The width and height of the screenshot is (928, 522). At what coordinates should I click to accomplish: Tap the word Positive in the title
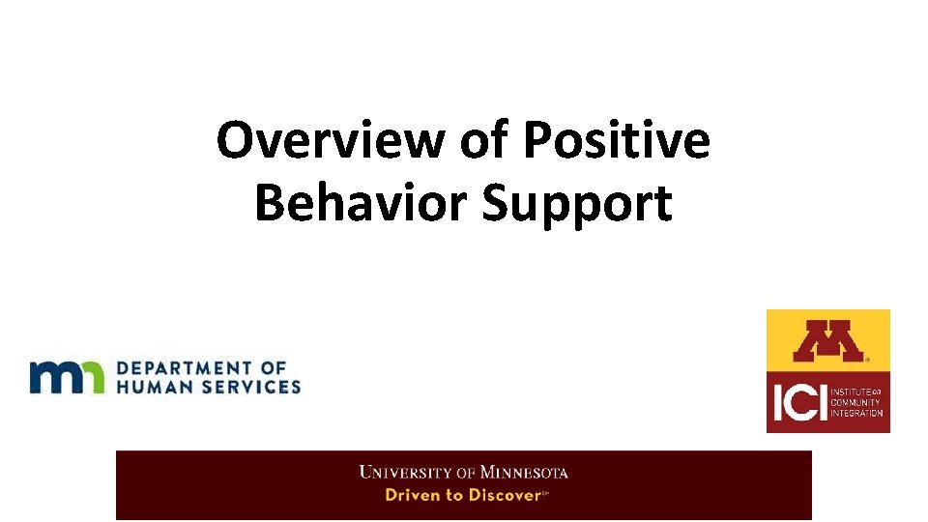pyautogui.click(x=617, y=140)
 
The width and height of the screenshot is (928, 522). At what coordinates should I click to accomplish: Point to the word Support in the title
pyautogui.click(x=576, y=204)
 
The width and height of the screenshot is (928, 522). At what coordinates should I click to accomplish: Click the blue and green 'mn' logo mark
pyautogui.click(x=66, y=376)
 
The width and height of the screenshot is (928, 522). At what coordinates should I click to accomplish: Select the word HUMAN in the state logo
pyautogui.click(x=154, y=386)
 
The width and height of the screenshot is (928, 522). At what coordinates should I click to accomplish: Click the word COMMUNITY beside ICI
pyautogui.click(x=857, y=402)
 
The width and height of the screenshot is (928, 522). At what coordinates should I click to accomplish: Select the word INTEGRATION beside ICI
pyautogui.click(x=857, y=413)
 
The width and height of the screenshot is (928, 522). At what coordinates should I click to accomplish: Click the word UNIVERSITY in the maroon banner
pyautogui.click(x=406, y=473)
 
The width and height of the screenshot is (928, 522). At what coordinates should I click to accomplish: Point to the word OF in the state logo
pyautogui.click(x=275, y=367)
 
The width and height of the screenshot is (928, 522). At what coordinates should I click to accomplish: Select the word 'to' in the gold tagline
pyautogui.click(x=453, y=495)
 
